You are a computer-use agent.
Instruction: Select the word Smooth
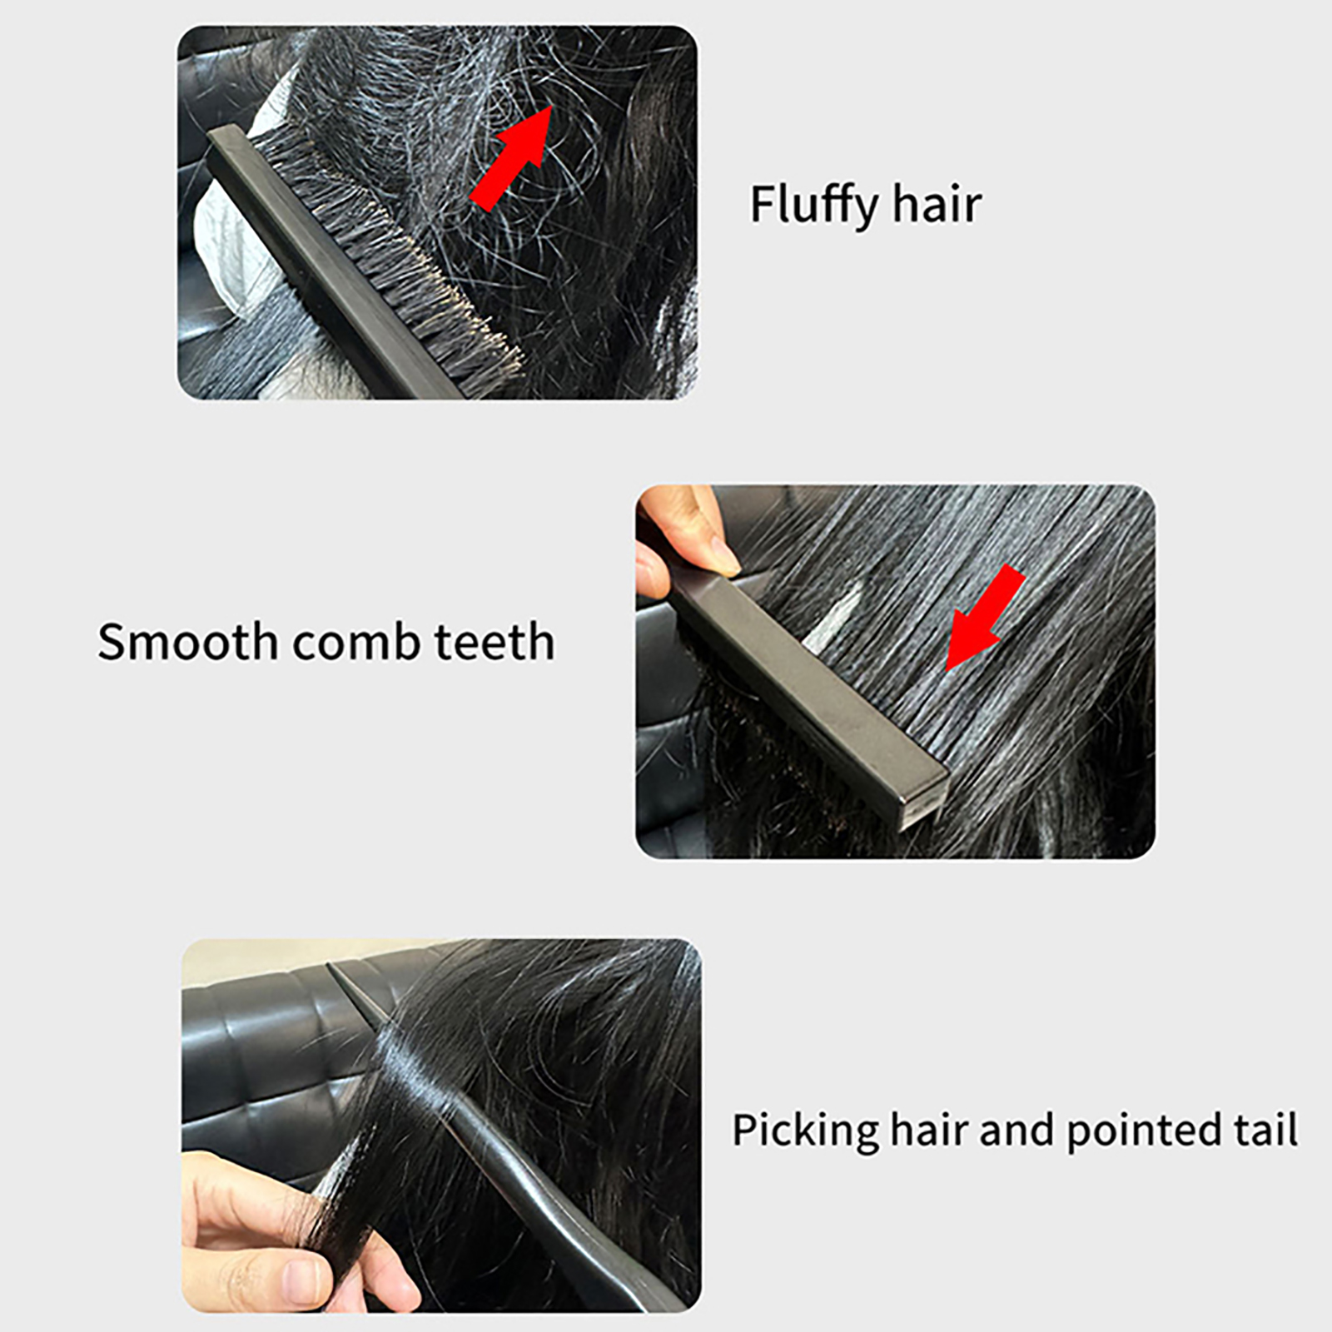(x=187, y=642)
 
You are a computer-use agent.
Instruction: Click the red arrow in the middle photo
(x=985, y=617)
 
